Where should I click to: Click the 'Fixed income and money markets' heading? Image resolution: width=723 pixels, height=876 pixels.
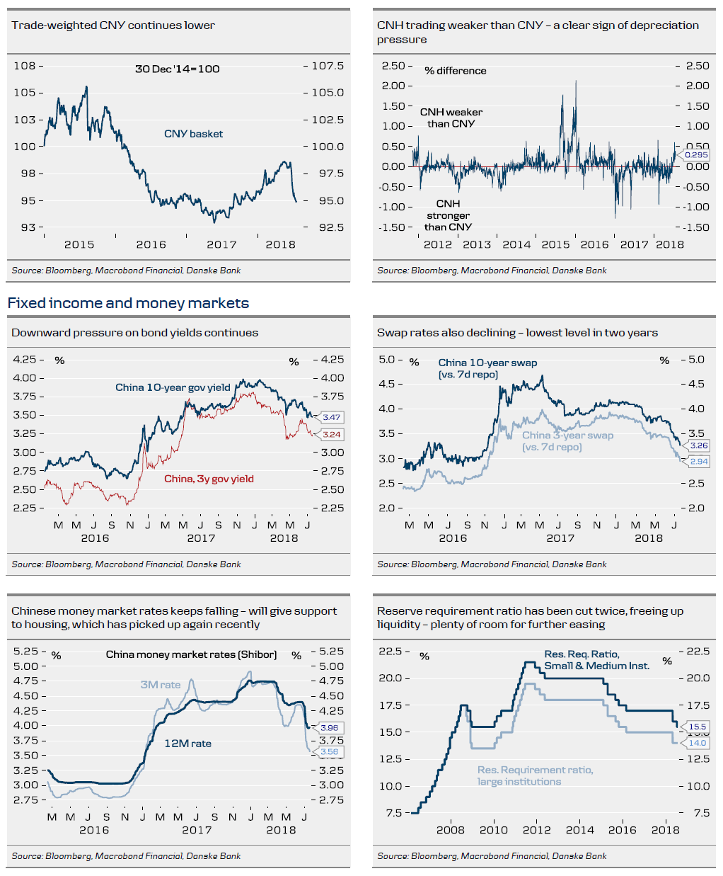[x=128, y=303]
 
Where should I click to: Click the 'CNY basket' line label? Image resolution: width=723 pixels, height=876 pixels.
[x=193, y=134]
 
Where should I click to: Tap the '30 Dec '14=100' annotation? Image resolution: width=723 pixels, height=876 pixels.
[x=177, y=69]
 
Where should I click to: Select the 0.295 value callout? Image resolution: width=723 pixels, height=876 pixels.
[x=695, y=154]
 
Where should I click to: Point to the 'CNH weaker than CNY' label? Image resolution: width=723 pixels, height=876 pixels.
[x=451, y=118]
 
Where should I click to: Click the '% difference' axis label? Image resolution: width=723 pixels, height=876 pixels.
[x=456, y=71]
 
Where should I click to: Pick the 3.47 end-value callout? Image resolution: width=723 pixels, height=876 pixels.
[x=331, y=417]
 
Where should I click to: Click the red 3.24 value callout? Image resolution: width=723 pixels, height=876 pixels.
[x=331, y=434]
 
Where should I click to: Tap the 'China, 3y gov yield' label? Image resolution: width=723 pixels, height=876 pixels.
[x=209, y=479]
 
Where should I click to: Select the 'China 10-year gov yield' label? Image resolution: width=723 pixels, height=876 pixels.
[x=173, y=387]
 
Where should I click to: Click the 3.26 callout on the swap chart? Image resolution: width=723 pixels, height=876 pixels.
[x=698, y=445]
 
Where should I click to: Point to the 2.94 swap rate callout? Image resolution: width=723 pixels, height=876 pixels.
[x=698, y=461]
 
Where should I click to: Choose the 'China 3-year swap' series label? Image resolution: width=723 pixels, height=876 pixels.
[x=567, y=436]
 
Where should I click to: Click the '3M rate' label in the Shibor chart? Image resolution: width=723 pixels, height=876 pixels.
[x=160, y=685]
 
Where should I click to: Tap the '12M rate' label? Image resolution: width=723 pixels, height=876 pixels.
[x=187, y=744]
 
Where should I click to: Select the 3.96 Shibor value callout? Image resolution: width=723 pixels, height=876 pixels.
[x=329, y=727]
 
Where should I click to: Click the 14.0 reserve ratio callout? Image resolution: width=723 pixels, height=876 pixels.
[x=697, y=743]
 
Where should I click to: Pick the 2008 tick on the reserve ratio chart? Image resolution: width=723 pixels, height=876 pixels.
[x=451, y=830]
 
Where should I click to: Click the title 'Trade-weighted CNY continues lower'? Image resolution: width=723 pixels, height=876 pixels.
[x=113, y=25]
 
